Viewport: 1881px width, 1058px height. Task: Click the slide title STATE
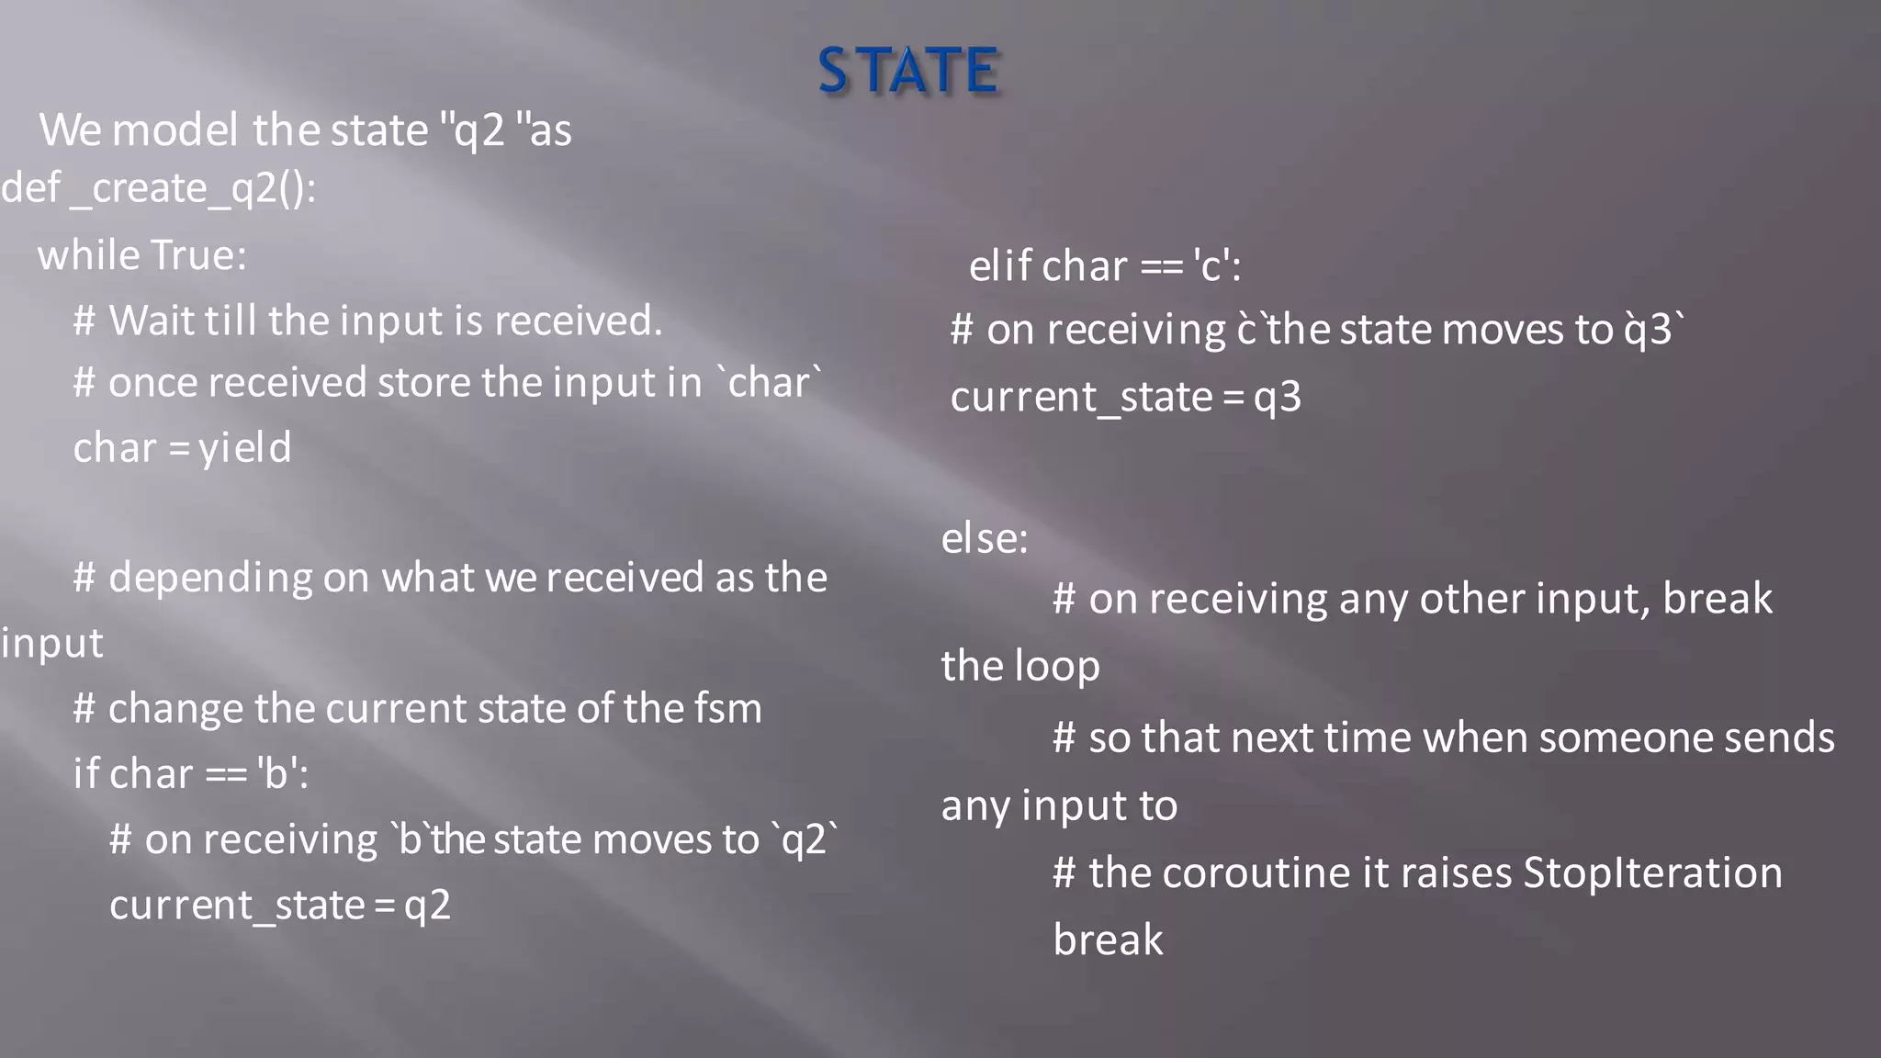tap(907, 72)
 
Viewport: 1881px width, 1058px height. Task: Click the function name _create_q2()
tap(193, 189)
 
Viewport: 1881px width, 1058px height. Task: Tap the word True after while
tap(198, 255)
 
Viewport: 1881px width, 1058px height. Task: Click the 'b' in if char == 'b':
tap(276, 774)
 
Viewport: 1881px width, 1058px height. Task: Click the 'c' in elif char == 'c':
tap(1212, 267)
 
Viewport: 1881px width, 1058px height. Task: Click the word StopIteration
tap(1652, 873)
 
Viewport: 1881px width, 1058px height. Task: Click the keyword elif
tap(1000, 267)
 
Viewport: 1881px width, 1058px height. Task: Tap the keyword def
tap(30, 189)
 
